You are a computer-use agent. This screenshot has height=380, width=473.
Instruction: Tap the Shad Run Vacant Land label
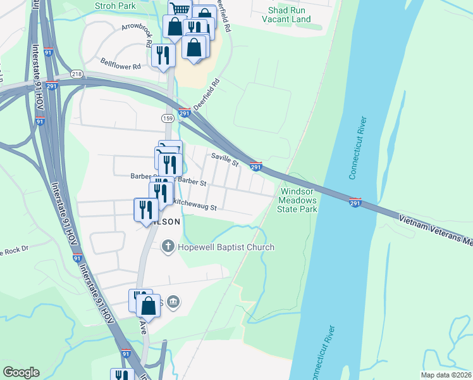tap(289, 15)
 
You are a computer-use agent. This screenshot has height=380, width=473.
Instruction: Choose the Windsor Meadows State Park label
tap(298, 199)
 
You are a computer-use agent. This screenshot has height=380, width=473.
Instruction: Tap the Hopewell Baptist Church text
tap(226, 247)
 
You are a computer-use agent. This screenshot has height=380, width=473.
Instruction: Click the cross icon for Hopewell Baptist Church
tap(168, 246)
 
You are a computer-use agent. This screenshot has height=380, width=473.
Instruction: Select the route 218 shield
tap(77, 74)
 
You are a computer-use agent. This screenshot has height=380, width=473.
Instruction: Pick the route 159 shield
tap(168, 118)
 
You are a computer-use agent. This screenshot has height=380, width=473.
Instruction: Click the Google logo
tap(21, 372)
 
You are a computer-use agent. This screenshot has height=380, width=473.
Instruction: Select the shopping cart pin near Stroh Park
tap(180, 10)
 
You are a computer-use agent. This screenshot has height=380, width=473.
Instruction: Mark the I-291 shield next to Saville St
tap(255, 166)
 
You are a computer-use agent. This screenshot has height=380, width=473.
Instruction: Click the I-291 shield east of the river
tap(355, 202)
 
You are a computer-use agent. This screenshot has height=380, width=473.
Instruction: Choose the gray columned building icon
tap(175, 302)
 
